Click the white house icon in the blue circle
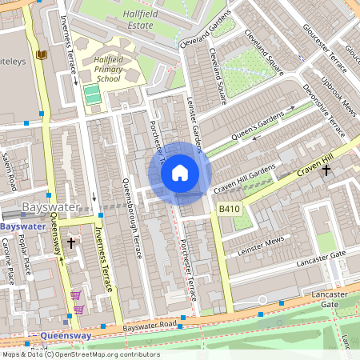(180, 172)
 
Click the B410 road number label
(230, 208)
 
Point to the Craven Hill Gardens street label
(243, 178)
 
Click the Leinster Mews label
(262, 242)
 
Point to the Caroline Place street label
(9, 264)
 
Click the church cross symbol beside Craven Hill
(326, 170)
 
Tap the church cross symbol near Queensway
(71, 242)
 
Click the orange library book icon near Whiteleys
(42, 54)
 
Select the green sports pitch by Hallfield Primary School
(92, 94)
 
